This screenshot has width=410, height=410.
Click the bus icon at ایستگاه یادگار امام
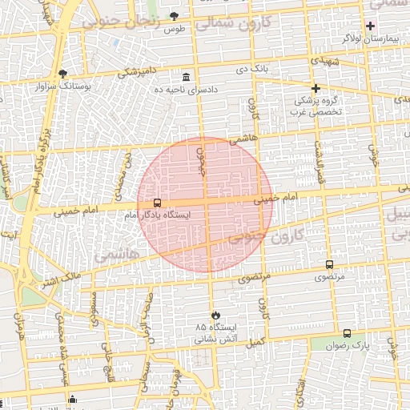click(x=156, y=203)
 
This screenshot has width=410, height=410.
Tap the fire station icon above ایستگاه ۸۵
click(x=215, y=316)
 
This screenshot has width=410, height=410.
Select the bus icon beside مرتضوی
click(x=329, y=265)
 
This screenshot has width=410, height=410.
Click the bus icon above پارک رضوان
click(x=347, y=333)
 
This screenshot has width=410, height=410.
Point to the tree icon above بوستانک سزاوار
click(x=62, y=73)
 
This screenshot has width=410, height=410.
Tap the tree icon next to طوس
click(x=175, y=17)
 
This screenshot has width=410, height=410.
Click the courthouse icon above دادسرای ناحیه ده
click(x=187, y=77)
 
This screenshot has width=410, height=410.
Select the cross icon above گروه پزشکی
click(x=316, y=88)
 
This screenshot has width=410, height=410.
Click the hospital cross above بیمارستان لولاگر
click(x=370, y=26)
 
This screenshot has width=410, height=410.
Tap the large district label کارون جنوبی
click(x=265, y=235)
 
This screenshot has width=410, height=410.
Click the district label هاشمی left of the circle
click(x=117, y=254)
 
